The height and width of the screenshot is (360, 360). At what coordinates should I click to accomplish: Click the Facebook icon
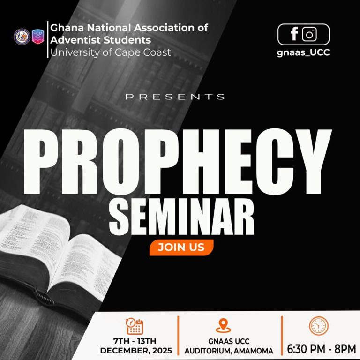point(294,34)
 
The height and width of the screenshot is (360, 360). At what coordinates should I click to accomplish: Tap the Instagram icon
point(309,34)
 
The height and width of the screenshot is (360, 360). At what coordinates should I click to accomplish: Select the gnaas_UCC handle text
point(303,52)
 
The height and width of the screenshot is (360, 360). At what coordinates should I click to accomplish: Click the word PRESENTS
point(175,97)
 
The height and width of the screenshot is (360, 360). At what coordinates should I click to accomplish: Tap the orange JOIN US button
point(181,247)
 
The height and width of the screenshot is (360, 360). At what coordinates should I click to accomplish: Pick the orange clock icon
point(319,326)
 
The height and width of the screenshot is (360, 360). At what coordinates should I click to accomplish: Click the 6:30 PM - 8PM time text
point(322,349)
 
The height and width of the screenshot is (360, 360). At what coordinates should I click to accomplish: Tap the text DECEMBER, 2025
point(136,351)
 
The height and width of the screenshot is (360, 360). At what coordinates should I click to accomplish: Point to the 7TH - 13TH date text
point(136,341)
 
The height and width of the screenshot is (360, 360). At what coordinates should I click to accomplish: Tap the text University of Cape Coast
point(111,52)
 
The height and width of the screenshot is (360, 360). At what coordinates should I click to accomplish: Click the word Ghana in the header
point(65,28)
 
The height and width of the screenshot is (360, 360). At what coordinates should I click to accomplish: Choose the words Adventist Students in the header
point(100,40)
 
